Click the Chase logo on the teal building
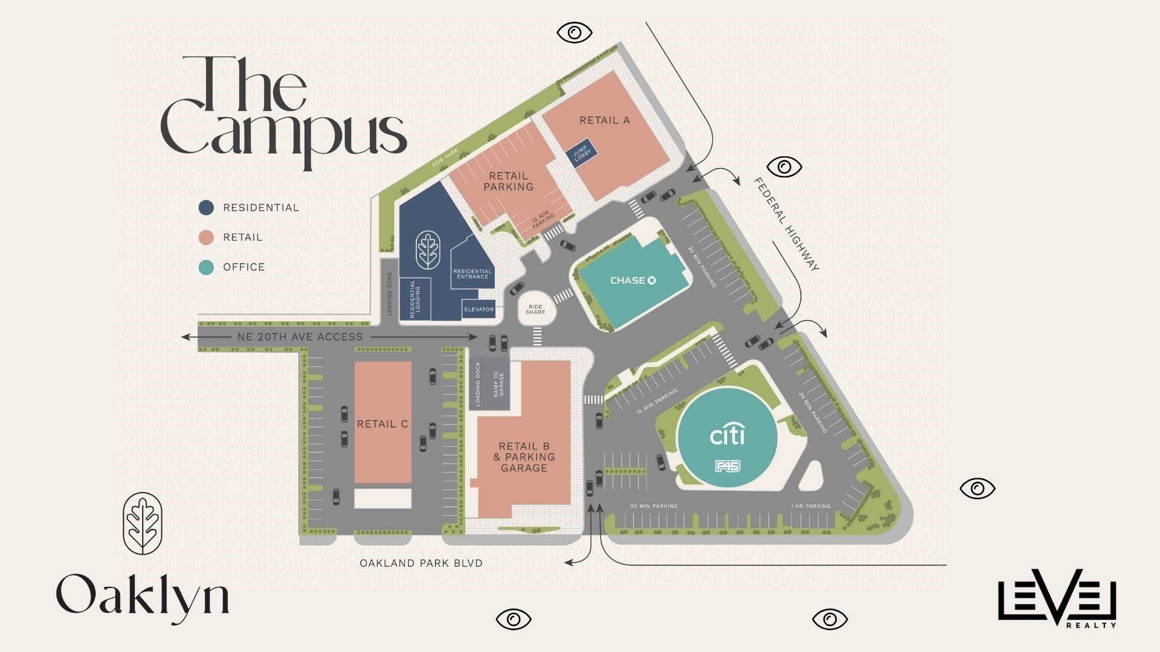[633, 280]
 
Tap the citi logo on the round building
[727, 435]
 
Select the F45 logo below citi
[727, 466]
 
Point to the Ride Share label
[535, 309]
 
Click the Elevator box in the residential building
[478, 309]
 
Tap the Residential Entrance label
[472, 274]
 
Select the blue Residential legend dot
[206, 208]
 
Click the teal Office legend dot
[206, 267]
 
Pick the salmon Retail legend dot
[206, 237]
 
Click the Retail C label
[382, 424]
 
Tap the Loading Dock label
[477, 384]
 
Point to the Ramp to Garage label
[498, 384]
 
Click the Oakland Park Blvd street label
[421, 563]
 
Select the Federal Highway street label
[786, 225]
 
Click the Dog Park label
[445, 157]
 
